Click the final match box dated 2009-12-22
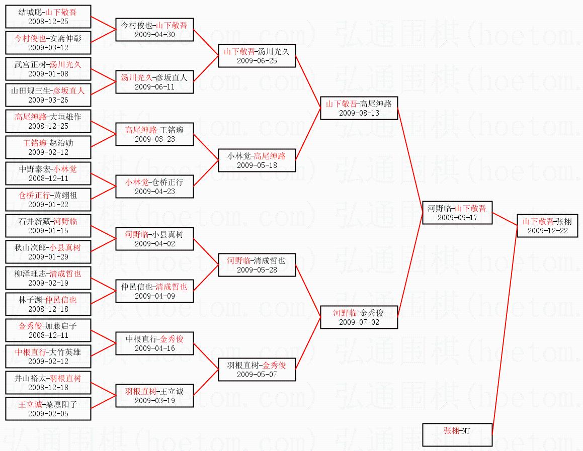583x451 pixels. pos(548,225)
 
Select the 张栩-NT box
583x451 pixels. pos(457,434)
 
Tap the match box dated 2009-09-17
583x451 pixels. pos(457,213)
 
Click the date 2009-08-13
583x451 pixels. pos(359,113)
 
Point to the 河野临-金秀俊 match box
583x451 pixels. pos(359,317)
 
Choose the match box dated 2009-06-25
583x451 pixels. pos(257,56)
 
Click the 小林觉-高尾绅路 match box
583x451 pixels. pos(257,160)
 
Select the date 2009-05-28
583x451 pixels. pos(257,269)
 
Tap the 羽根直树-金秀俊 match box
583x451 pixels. pos(257,369)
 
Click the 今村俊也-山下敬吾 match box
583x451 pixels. pos(154,29)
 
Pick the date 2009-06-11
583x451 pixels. pos(154,86)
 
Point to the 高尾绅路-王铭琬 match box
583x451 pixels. pos(154,134)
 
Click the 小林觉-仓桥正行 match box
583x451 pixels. pos(154,186)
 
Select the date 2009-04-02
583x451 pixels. pos(154,244)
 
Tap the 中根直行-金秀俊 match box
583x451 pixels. pos(154,343)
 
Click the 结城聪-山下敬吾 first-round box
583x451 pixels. pos(48,17)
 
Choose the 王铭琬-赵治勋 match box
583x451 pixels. pos(48,147)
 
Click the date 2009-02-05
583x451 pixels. pos(48,413)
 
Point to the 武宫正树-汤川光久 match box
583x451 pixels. pos(48,69)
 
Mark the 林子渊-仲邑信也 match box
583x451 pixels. pos(48,304)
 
